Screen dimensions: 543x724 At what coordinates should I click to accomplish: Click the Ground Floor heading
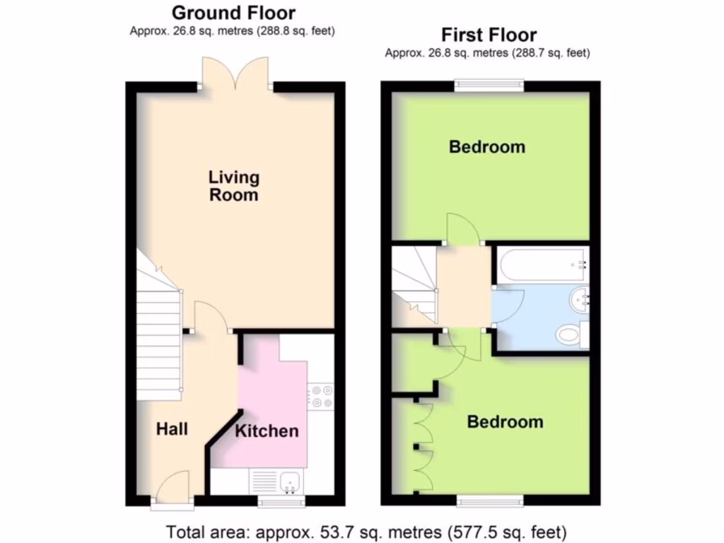233,13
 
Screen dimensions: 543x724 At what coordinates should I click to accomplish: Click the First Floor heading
489,35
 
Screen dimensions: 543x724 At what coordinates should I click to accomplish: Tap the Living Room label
233,186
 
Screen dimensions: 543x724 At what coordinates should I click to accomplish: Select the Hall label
172,428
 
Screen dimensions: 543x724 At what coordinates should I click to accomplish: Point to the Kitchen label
267,431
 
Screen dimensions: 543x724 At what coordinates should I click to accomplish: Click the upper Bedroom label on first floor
487,147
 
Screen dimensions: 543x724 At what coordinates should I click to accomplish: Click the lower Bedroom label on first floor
505,422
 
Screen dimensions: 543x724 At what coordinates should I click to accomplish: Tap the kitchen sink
290,482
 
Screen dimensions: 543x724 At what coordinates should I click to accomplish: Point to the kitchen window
281,502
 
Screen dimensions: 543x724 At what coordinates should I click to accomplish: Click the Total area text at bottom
366,531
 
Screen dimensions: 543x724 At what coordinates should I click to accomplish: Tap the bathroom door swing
508,305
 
